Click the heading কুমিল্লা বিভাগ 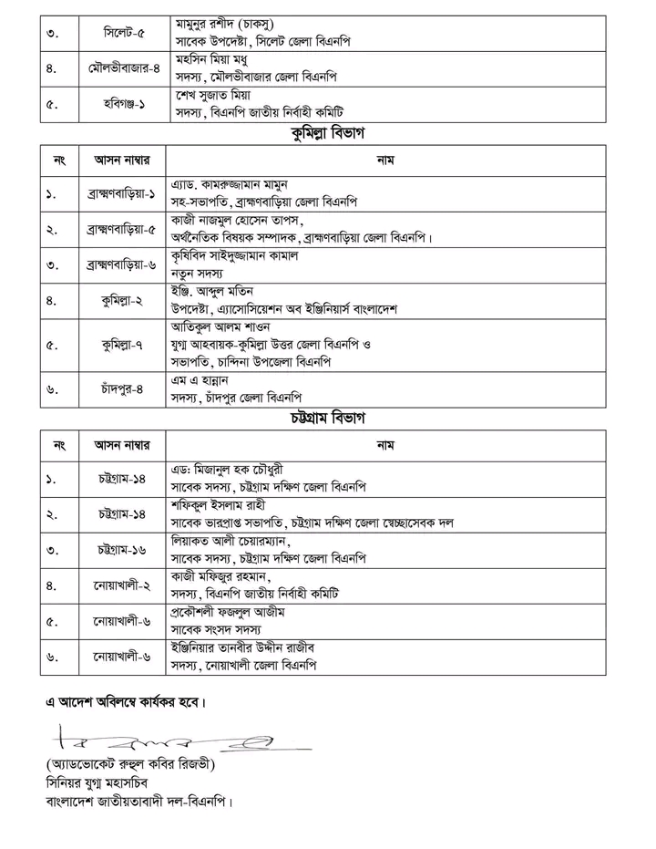(x=327, y=134)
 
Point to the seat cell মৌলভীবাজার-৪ (x=116, y=69)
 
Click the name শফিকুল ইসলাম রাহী (x=221, y=505)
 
